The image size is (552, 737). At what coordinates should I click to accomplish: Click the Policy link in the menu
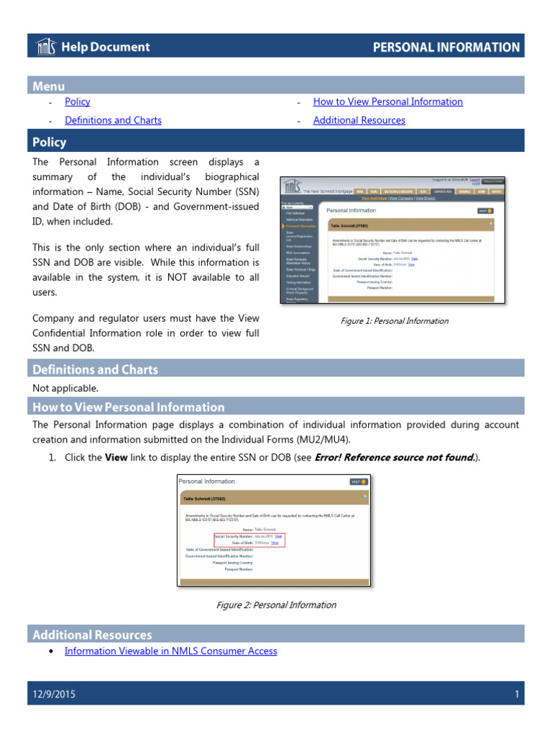[x=78, y=102]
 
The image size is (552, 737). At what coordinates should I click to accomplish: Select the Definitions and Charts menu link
[x=113, y=121]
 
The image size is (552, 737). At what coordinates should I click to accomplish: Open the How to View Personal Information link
[x=387, y=102]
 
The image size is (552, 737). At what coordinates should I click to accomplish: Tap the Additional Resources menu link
[x=359, y=121]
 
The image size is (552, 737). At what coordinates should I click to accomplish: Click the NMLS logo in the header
[x=45, y=48]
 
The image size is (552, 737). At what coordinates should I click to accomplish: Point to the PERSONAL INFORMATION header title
[x=446, y=48]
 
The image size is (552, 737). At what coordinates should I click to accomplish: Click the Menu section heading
[x=48, y=86]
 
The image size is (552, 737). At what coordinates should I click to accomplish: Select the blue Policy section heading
[x=49, y=142]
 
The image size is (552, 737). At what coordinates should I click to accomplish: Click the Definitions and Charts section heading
[x=95, y=370]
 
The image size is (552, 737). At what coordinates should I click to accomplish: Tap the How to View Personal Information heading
[x=129, y=407]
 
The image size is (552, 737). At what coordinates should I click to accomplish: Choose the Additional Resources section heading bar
[x=92, y=635]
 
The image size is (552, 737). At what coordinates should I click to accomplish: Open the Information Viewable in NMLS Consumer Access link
[x=170, y=651]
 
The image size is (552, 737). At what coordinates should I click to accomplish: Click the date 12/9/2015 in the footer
[x=54, y=695]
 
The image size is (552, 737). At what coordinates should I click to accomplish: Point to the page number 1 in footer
[x=517, y=695]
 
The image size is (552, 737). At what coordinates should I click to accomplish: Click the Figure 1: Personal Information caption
[x=395, y=321]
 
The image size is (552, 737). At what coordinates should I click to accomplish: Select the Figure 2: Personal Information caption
[x=276, y=605]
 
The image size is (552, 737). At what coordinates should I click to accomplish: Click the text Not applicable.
[x=65, y=389]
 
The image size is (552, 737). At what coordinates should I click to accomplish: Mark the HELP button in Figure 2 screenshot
[x=357, y=481]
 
